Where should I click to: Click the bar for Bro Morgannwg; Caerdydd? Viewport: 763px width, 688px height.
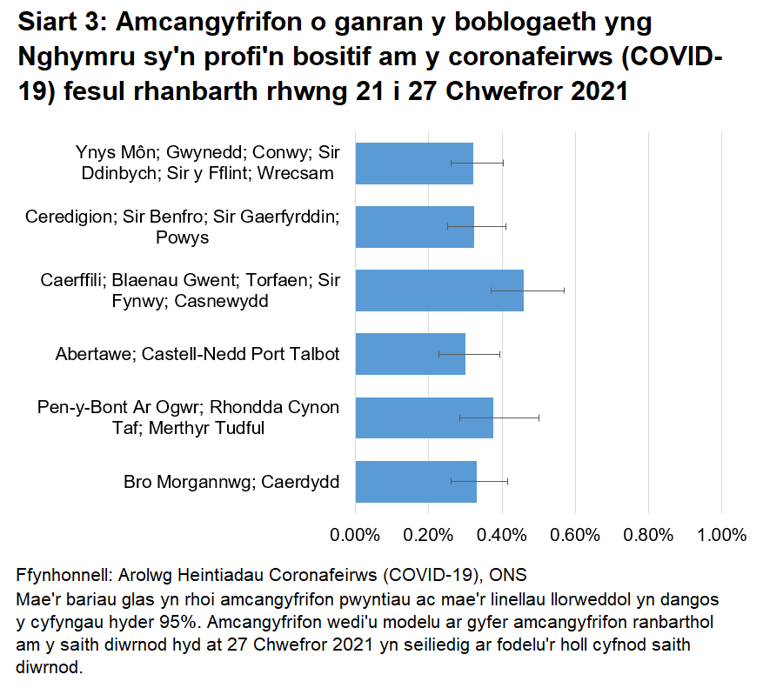416,482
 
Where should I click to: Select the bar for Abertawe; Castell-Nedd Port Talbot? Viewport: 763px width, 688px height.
410,354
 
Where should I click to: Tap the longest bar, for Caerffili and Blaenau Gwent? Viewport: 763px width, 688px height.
439,291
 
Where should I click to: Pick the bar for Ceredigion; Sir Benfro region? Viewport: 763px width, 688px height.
414,227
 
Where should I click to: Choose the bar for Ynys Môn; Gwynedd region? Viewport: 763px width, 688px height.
414,163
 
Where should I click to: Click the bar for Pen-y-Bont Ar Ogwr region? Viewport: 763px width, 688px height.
424,418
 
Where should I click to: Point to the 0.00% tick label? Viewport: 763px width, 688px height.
356,534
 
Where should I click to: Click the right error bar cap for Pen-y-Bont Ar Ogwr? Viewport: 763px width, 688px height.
539,418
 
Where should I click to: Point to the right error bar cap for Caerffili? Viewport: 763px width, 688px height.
564,291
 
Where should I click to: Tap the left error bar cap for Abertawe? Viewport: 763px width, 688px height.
439,354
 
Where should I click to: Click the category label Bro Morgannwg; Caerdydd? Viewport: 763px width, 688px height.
231,482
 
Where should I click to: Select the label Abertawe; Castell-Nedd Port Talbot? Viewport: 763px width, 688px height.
197,354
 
